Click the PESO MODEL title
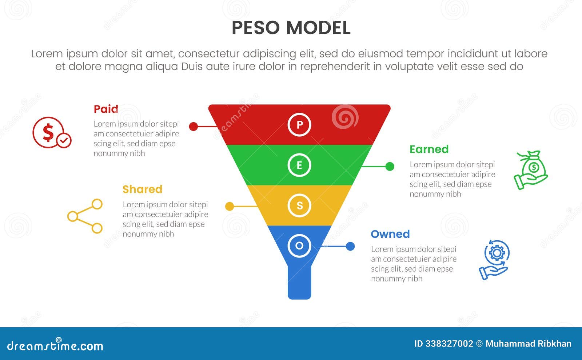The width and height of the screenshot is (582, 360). [x=291, y=28]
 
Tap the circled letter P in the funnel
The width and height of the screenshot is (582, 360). [x=299, y=125]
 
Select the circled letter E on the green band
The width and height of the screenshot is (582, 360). [x=299, y=165]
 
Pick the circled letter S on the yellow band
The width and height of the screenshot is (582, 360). [x=299, y=205]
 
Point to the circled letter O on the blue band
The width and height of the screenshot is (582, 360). [x=299, y=246]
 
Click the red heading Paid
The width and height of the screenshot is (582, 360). [x=106, y=109]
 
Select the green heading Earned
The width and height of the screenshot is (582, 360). [x=429, y=149]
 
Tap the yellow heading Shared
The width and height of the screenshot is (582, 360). [x=142, y=189]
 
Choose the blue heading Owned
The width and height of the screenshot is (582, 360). [x=390, y=234]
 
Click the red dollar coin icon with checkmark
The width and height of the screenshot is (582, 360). [x=51, y=133]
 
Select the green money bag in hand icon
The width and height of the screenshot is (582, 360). [x=531, y=170]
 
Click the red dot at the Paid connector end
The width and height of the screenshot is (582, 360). [x=194, y=127]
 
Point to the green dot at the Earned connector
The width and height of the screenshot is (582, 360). [x=390, y=167]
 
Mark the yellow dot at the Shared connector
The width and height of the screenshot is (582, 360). [x=230, y=207]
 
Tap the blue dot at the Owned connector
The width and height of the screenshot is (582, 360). [x=350, y=247]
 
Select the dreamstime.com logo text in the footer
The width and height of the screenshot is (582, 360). [x=55, y=345]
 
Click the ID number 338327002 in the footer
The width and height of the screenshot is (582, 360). [x=449, y=344]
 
